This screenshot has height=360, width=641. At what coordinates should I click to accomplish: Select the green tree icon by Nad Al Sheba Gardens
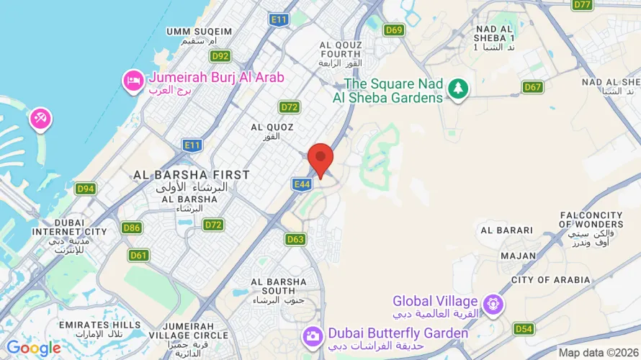pyautogui.click(x=457, y=89)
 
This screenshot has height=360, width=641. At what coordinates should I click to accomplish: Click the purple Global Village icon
pyautogui.click(x=493, y=304)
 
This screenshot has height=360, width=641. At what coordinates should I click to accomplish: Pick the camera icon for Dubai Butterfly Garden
pyautogui.click(x=313, y=336)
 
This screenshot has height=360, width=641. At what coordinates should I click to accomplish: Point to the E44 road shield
pyautogui.click(x=302, y=185)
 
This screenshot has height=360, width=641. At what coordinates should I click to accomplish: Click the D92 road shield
pyautogui.click(x=220, y=56)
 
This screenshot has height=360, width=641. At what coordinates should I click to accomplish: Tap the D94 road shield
pyautogui.click(x=86, y=189)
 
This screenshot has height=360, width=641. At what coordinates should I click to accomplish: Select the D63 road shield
pyautogui.click(x=295, y=239)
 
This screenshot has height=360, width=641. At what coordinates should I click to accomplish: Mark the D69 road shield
pyautogui.click(x=394, y=30)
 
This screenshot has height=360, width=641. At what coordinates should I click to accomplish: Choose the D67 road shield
pyautogui.click(x=532, y=87)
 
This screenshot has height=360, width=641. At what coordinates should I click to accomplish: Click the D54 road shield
pyautogui.click(x=524, y=329)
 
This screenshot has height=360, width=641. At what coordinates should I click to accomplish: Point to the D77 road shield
pyautogui.click(x=583, y=5)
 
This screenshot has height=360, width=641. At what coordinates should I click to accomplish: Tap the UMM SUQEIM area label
pyautogui.click(x=200, y=32)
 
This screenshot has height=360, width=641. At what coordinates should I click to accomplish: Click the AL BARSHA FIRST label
pyautogui.click(x=192, y=175)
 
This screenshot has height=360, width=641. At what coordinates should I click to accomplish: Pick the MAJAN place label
pyautogui.click(x=519, y=256)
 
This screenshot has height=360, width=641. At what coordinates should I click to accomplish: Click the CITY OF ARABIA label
pyautogui.click(x=551, y=280)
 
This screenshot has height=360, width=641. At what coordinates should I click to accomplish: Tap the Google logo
pyautogui.click(x=34, y=348)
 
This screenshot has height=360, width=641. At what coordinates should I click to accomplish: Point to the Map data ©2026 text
pyautogui.click(x=597, y=352)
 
